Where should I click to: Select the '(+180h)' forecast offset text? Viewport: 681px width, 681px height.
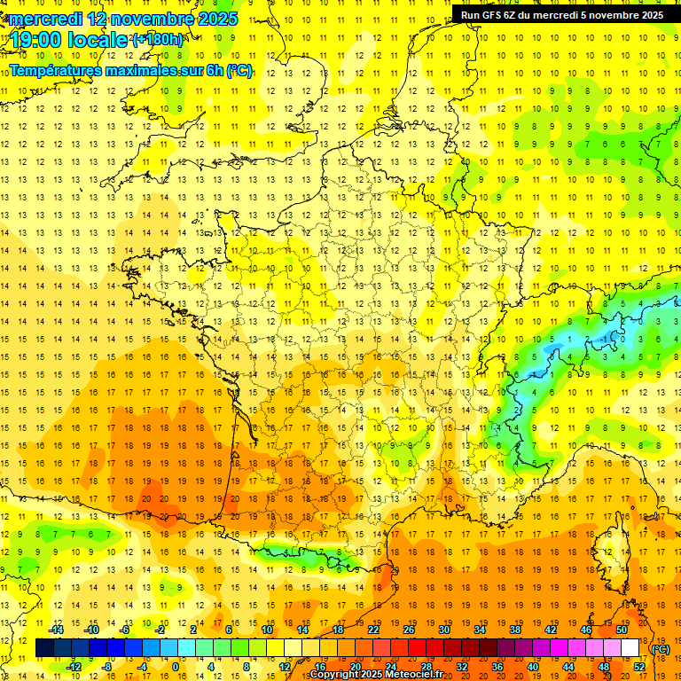pyautogui.click(x=158, y=40)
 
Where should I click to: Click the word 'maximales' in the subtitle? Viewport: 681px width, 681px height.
pyautogui.click(x=131, y=70)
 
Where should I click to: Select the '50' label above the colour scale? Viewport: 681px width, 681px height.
pyautogui.click(x=621, y=630)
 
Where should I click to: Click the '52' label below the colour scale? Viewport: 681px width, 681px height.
pyautogui.click(x=638, y=666)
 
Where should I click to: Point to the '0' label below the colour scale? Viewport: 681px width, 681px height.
pyautogui.click(x=175, y=666)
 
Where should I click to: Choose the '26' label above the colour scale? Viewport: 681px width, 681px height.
pyautogui.click(x=408, y=630)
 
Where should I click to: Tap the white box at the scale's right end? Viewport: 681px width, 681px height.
pyautogui.click(x=630, y=648)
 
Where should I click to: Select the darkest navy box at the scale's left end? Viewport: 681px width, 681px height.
pyautogui.click(x=44, y=648)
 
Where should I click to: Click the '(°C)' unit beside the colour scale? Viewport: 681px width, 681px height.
pyautogui.click(x=660, y=649)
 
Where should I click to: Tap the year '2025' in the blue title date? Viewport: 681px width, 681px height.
pyautogui.click(x=218, y=19)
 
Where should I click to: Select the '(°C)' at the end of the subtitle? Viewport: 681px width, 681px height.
pyautogui.click(x=239, y=70)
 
